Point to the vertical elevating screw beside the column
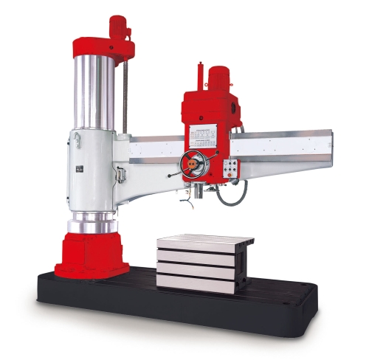pos(125,96)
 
